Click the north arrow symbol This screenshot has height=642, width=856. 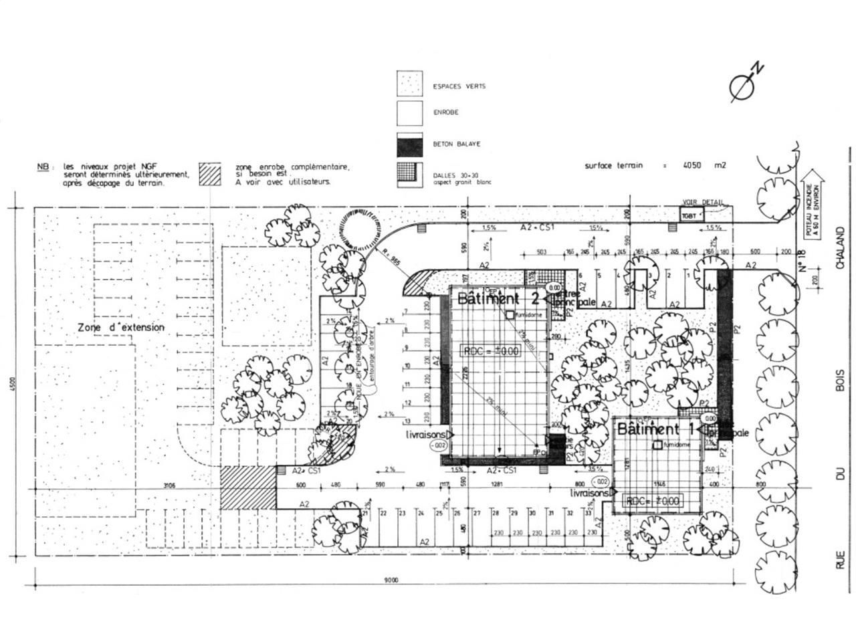(x=744, y=84)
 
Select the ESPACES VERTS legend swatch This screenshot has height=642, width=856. (x=409, y=86)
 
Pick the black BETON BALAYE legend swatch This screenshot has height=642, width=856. (x=409, y=143)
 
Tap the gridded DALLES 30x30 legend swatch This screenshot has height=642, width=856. (x=409, y=175)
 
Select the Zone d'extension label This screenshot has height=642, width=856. (x=120, y=328)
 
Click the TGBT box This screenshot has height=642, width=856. (x=688, y=215)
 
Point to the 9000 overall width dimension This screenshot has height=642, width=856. (x=391, y=580)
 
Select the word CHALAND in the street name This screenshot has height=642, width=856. (x=840, y=248)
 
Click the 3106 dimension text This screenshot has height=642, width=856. (x=168, y=486)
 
